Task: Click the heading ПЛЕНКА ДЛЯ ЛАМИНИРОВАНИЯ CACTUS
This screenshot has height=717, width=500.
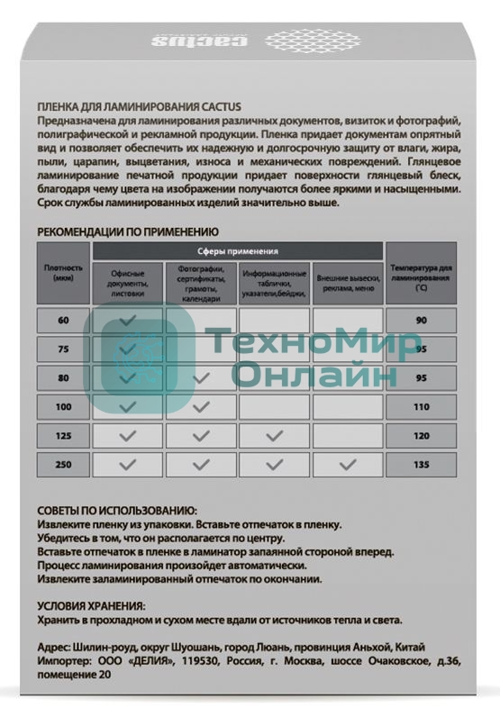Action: point(139,106)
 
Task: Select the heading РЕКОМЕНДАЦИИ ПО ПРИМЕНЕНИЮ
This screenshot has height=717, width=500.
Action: point(128,231)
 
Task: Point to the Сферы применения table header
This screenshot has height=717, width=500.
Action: point(237,251)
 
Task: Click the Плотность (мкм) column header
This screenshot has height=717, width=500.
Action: point(63,272)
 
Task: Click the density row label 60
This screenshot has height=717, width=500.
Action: point(63,321)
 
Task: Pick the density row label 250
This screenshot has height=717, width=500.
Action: point(63,466)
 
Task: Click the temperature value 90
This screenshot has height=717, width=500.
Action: point(421,321)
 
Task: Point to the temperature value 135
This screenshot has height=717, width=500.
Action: point(421,466)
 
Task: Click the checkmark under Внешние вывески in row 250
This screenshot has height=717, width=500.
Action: point(347,466)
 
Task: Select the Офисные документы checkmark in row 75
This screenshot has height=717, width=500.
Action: point(128,349)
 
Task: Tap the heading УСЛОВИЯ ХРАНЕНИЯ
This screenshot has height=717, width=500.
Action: point(91,606)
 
